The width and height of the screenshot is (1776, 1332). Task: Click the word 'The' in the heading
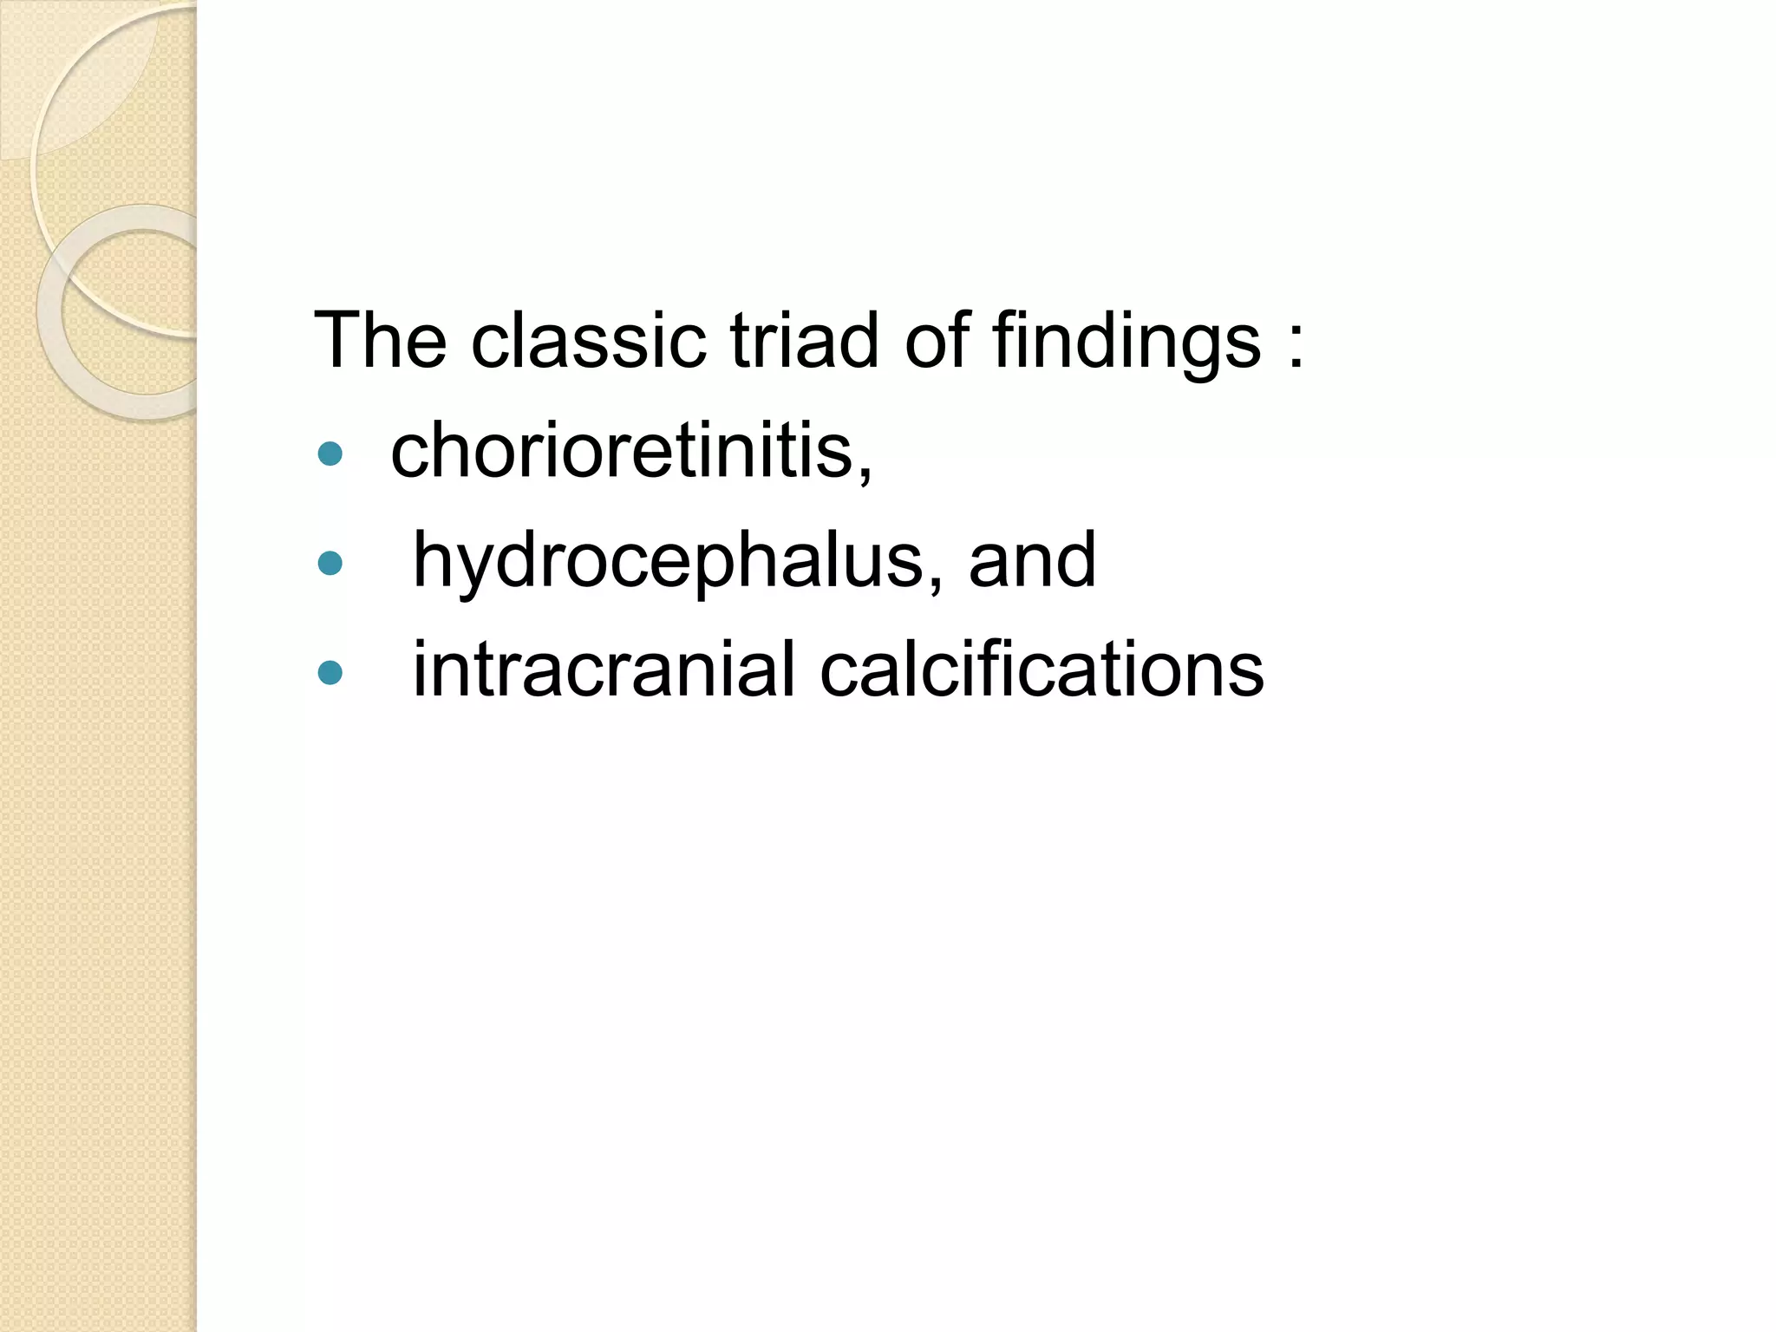380,340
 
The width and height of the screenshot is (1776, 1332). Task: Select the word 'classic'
588,340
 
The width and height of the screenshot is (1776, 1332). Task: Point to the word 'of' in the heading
937,340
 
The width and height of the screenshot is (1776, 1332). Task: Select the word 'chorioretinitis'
623,450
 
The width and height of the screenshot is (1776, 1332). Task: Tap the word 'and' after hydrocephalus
1032,560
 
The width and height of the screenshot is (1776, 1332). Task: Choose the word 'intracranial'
604,669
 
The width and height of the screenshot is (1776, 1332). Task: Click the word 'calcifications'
1041,669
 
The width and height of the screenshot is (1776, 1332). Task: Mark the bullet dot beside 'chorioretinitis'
330,454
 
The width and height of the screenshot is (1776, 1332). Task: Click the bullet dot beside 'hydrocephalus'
330,565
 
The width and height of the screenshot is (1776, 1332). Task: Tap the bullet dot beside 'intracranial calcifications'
330,672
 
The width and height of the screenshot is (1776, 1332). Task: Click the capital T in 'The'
336,340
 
